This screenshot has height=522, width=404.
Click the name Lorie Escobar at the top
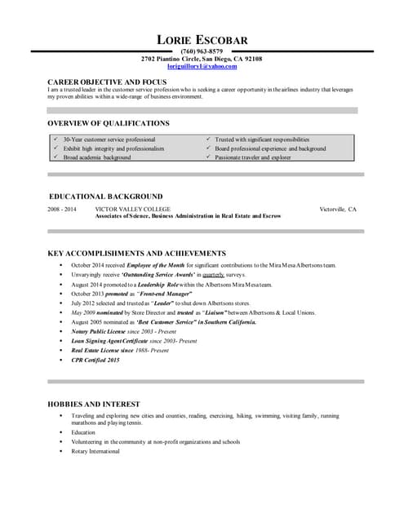(202, 40)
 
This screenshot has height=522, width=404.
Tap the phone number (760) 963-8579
(202, 51)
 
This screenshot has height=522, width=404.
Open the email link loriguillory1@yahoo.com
(202, 67)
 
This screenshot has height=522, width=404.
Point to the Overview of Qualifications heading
(109, 123)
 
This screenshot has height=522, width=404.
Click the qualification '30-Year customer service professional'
(109, 139)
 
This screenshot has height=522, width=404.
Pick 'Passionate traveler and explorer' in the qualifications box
(252, 157)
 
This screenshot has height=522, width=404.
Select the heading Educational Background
(106, 197)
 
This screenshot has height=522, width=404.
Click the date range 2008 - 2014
(62, 210)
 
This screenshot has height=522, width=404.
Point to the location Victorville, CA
(338, 210)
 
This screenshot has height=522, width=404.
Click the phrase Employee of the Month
(155, 265)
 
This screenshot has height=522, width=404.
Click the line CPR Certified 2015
(95, 360)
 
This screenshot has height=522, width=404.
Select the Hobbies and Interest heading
(94, 404)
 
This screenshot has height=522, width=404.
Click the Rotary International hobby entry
(95, 451)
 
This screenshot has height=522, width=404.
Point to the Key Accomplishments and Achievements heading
(136, 254)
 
